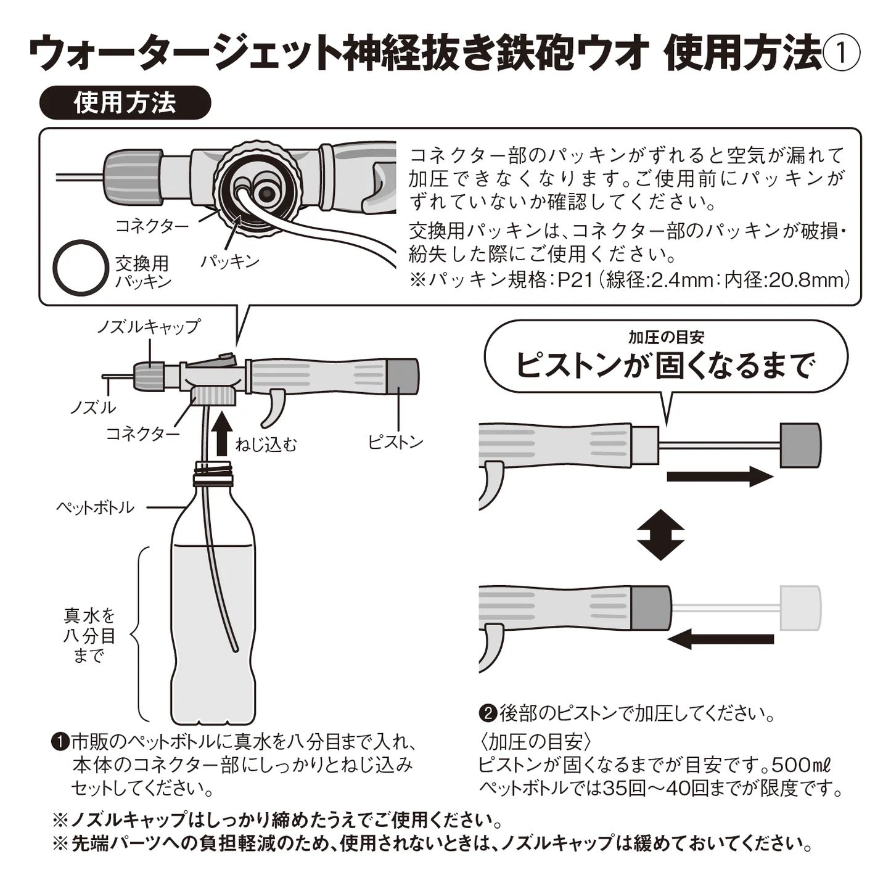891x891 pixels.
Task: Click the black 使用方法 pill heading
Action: point(125,102)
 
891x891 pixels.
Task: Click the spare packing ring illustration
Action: point(81,268)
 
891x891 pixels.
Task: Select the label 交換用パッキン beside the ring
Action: point(143,272)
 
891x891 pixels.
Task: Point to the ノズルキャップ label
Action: point(149,326)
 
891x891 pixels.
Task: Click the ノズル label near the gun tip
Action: point(92,407)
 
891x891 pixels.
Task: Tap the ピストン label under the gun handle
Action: point(396,441)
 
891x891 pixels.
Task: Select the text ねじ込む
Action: point(266,444)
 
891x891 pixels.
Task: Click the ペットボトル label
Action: point(95,507)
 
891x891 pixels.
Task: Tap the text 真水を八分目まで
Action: point(89,635)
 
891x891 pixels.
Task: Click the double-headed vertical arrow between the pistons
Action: point(660,534)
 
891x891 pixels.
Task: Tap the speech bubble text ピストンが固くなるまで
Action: point(665,365)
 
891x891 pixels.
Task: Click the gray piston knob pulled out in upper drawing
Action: point(800,445)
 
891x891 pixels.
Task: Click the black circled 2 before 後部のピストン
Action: point(487,713)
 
